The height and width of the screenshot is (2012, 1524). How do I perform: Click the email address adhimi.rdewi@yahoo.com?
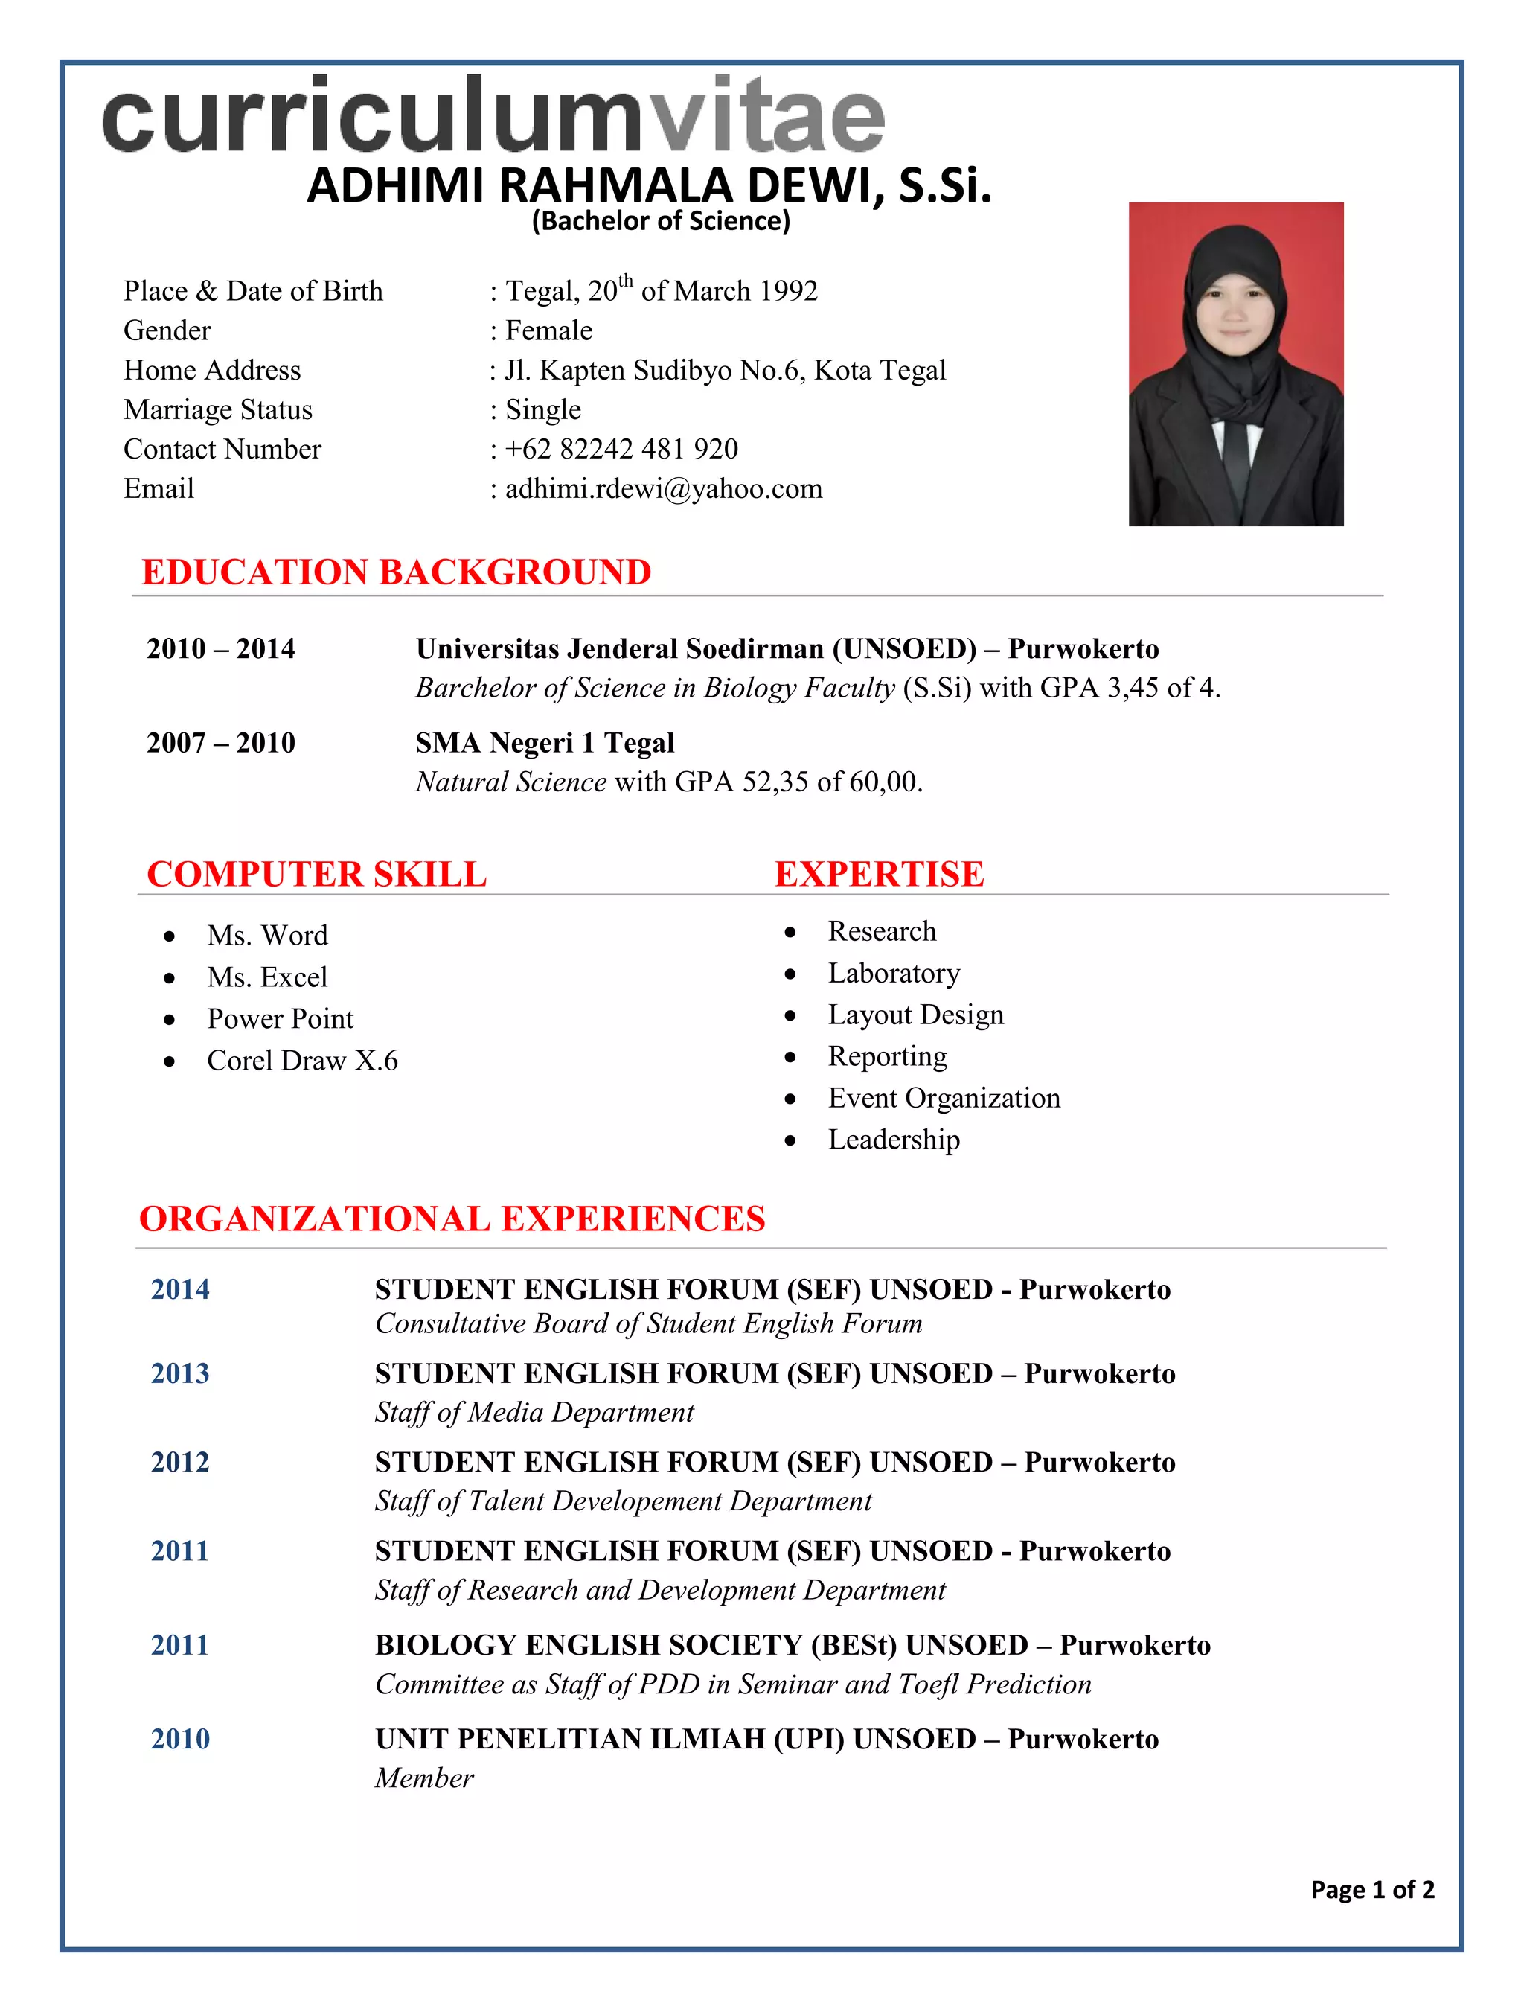click(x=663, y=489)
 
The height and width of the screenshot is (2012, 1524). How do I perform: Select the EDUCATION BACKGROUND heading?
click(x=397, y=572)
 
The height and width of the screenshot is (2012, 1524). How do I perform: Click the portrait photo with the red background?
click(x=1236, y=364)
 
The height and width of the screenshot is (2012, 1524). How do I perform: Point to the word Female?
click(x=548, y=330)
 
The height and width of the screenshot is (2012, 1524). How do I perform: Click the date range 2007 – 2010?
click(x=221, y=743)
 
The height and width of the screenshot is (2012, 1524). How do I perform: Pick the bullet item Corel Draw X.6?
click(x=302, y=1061)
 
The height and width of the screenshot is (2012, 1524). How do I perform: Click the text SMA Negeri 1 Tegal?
click(x=545, y=743)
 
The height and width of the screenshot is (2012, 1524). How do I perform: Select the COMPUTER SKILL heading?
click(x=316, y=874)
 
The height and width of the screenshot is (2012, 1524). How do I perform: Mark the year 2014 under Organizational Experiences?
click(x=180, y=1289)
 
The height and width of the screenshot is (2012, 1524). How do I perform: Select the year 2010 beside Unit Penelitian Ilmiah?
click(x=180, y=1739)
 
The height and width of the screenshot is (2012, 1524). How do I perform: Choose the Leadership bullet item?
click(x=894, y=1140)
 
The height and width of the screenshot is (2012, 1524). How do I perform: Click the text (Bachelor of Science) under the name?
click(x=661, y=221)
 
